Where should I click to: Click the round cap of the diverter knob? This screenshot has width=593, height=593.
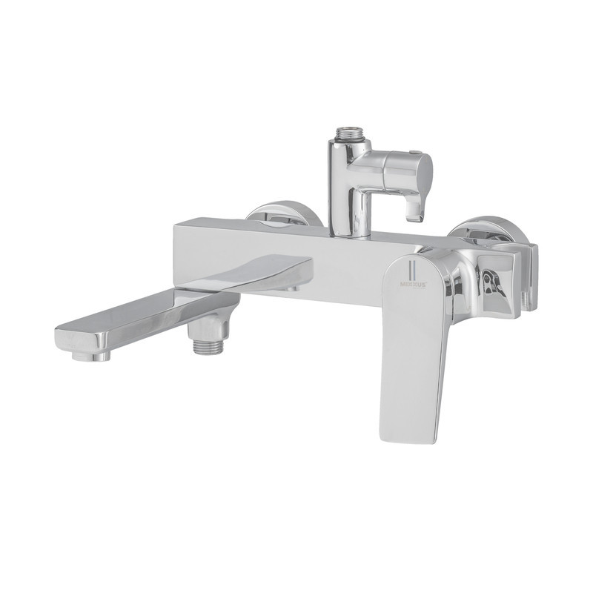click(x=423, y=172)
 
